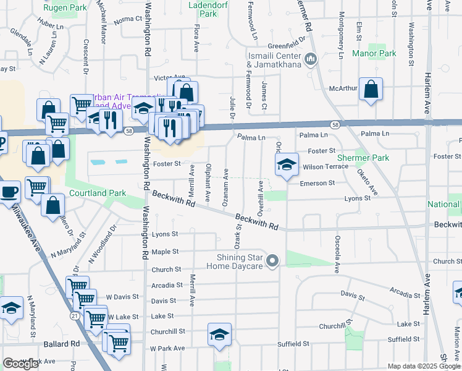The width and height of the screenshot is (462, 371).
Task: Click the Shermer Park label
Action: (363, 158)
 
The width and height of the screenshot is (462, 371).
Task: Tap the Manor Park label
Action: (374, 54)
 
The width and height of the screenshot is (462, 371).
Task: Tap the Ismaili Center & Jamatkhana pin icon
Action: (310, 59)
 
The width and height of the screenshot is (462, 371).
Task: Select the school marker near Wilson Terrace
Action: (285, 165)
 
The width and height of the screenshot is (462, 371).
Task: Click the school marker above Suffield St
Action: (219, 335)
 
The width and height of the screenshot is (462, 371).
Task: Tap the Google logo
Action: (20, 364)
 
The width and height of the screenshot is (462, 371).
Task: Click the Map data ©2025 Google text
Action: (424, 366)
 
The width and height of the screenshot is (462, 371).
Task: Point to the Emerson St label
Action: (317, 183)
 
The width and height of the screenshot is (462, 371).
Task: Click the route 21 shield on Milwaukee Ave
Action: (74, 315)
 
